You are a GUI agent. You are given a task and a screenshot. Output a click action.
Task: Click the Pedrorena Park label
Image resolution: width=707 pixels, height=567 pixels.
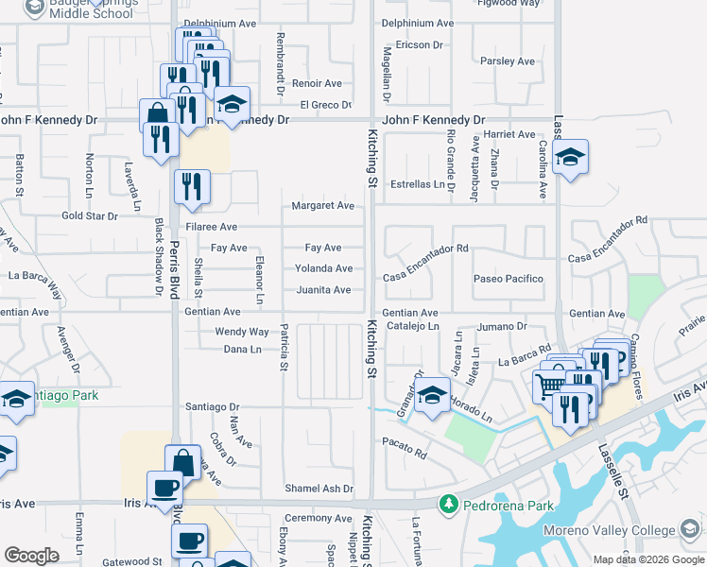508,506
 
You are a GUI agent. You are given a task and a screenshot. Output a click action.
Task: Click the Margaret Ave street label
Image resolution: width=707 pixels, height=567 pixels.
322,205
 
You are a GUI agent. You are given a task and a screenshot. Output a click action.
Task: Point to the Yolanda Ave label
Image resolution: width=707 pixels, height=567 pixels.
322,268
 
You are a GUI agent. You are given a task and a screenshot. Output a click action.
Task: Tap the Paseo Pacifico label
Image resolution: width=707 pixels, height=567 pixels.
509,279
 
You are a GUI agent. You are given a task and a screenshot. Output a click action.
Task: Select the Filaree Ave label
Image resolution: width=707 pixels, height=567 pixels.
212,227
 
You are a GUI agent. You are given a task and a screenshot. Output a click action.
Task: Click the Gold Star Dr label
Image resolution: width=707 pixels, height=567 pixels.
90,215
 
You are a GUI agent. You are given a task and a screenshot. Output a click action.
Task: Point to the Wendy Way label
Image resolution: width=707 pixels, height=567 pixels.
242,332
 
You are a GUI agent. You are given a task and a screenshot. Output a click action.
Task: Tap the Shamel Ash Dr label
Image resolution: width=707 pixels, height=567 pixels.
321,489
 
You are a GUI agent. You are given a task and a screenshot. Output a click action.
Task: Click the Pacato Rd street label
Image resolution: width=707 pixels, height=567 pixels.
404,441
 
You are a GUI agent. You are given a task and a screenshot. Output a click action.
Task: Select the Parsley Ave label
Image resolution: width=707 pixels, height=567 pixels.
508,61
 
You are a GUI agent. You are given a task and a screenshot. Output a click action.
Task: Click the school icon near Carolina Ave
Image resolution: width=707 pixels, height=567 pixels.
570,157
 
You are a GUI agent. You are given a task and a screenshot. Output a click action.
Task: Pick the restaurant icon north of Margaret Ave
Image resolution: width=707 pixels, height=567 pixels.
191,185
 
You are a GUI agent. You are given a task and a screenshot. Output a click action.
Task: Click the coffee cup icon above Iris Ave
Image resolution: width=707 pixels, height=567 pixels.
165,489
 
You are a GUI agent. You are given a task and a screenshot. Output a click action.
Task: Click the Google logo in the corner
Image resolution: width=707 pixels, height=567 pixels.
31,556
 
